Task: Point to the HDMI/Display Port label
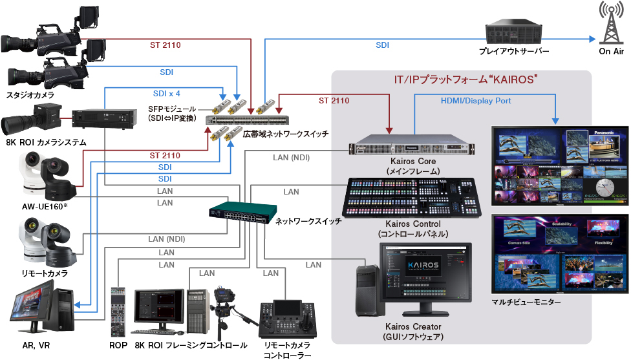pos(476,101)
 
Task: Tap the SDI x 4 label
pos(166,93)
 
